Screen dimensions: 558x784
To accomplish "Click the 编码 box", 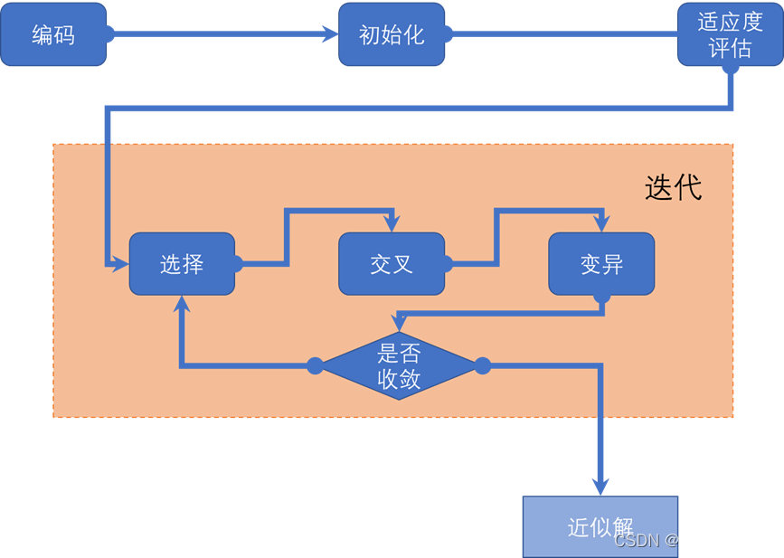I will [x=53, y=34].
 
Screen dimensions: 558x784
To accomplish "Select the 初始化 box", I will [x=392, y=34].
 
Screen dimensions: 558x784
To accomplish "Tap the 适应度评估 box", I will [x=730, y=34].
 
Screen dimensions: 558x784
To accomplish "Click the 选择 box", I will [x=182, y=264].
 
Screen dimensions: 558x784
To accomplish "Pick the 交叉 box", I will [x=392, y=264].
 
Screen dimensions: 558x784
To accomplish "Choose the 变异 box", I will [x=601, y=264].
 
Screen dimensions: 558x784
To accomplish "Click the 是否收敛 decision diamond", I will [x=398, y=365].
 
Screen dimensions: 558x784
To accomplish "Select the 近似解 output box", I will [x=600, y=526].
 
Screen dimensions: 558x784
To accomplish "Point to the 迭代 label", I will [x=673, y=187].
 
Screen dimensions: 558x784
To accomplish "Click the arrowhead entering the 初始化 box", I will [x=331, y=34].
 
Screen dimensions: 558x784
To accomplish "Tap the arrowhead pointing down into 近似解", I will [x=600, y=487].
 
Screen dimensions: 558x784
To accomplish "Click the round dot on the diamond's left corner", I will [x=315, y=365].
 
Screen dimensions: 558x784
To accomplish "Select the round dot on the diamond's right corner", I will [x=483, y=365].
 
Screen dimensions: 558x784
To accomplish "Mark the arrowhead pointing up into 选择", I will [x=182, y=304].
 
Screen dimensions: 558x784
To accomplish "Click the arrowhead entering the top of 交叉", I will [x=392, y=224].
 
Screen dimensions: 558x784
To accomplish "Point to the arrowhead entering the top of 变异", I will [x=601, y=224].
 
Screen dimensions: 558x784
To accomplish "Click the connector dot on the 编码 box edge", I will [x=108, y=34].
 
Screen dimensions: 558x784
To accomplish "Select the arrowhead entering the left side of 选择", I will [x=120, y=264].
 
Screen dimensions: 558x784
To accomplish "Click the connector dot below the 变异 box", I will [x=602, y=296].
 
